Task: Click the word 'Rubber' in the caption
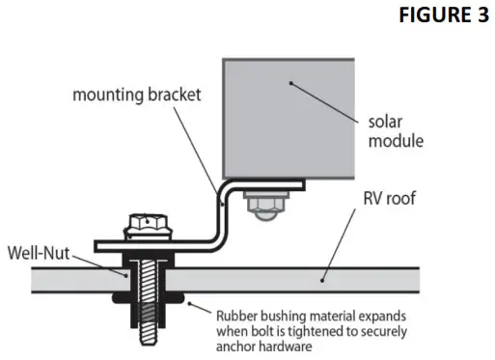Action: pyautogui.click(x=238, y=315)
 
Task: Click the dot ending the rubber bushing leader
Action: pyautogui.click(x=190, y=307)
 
